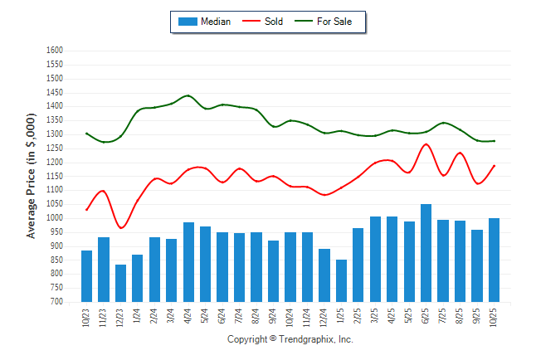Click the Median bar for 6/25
[426, 253]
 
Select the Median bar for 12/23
[120, 283]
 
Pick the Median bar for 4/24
[188, 262]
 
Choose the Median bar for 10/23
[86, 275]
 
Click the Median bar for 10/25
[494, 260]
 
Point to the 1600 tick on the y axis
[55, 51]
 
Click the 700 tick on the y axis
[57, 302]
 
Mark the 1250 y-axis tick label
[55, 148]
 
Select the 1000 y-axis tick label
[55, 218]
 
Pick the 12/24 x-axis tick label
[324, 316]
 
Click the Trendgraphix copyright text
[290, 339]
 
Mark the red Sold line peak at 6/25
[426, 144]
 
